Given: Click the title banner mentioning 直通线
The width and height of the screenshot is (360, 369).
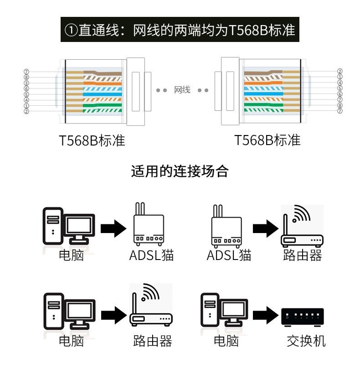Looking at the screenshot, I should (180, 30).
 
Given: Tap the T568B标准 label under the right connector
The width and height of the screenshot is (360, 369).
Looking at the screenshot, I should (267, 140).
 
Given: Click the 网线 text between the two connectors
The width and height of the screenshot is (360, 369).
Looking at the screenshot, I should (182, 90).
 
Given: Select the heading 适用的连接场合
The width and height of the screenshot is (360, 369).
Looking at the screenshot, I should (180, 172).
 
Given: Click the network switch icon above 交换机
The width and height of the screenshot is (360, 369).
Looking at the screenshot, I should (303, 316).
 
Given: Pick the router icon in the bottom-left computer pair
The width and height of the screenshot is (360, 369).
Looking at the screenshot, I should (151, 307).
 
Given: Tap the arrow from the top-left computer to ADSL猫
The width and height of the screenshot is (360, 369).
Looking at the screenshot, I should (113, 228).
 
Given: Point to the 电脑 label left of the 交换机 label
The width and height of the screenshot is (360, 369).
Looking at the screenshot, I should (226, 340).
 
